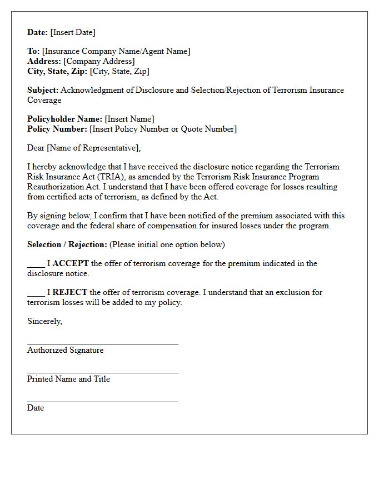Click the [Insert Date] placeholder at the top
[x=73, y=32]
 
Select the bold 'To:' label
[x=33, y=51]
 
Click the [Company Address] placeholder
[x=99, y=61]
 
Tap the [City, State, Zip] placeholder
[x=119, y=71]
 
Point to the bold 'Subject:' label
[x=43, y=90]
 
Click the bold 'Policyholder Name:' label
[x=64, y=119]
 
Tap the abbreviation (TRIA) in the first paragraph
[x=113, y=177]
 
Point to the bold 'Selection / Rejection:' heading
[x=67, y=244]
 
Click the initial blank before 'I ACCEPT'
[x=36, y=264]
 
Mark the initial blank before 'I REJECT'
[x=36, y=293]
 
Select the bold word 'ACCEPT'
[x=71, y=263]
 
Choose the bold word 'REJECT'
[x=70, y=292]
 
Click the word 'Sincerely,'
[x=44, y=321]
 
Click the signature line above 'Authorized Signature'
[x=103, y=344]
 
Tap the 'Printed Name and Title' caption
[x=68, y=379]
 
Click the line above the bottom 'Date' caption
[x=103, y=402]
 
